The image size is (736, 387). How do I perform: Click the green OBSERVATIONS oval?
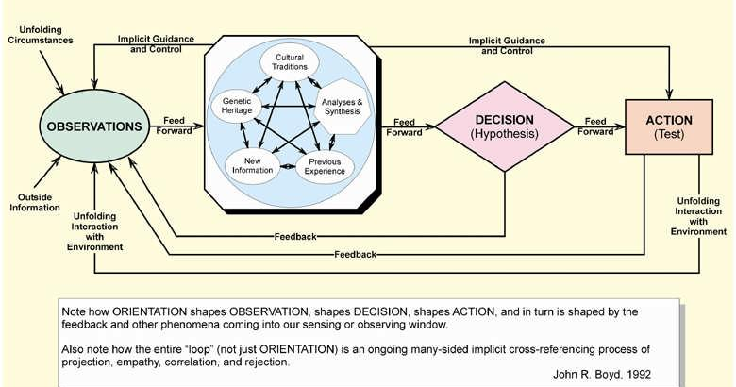(91, 126)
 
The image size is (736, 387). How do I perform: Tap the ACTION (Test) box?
(668, 127)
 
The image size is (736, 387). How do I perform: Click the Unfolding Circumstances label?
(39, 36)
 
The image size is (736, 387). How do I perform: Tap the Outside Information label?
(36, 203)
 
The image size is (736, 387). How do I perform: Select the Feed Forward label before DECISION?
(405, 126)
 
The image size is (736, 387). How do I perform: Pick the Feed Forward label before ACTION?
(594, 126)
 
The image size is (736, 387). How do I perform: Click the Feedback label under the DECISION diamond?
(293, 236)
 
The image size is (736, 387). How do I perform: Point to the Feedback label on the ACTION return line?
(355, 254)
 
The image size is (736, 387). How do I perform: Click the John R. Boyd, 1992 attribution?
(601, 374)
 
